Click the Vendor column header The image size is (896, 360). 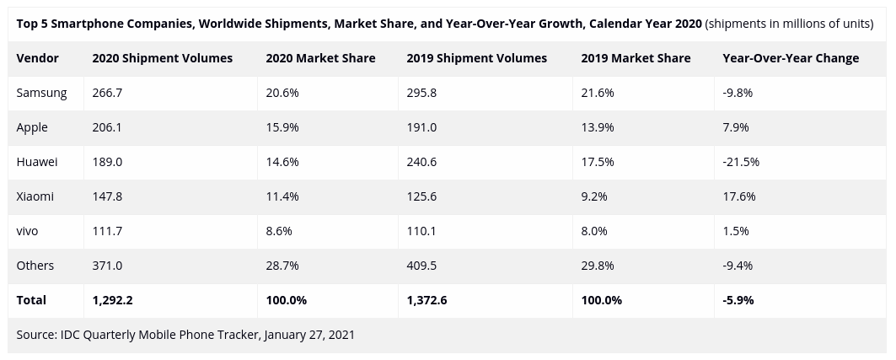[x=37, y=58]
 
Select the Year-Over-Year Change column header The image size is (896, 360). [x=791, y=58]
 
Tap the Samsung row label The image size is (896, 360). [x=41, y=93]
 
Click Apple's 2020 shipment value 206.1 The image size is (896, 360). [x=107, y=127]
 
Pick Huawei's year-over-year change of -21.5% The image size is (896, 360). [x=741, y=162]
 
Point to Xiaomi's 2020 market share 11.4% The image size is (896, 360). [x=282, y=196]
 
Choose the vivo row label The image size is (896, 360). [x=28, y=231]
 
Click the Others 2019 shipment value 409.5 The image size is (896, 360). [x=421, y=266]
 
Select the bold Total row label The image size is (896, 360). [x=31, y=300]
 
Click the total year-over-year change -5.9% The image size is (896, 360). [x=738, y=300]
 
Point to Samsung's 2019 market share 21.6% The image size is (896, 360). [x=598, y=93]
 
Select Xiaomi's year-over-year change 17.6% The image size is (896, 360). [x=739, y=196]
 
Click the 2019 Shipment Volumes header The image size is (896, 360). [x=476, y=58]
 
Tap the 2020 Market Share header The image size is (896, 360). [x=320, y=58]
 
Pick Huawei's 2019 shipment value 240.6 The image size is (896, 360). [x=421, y=162]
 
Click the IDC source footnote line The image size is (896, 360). [x=185, y=335]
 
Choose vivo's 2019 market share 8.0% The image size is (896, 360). [x=594, y=231]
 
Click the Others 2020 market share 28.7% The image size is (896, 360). [x=282, y=266]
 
